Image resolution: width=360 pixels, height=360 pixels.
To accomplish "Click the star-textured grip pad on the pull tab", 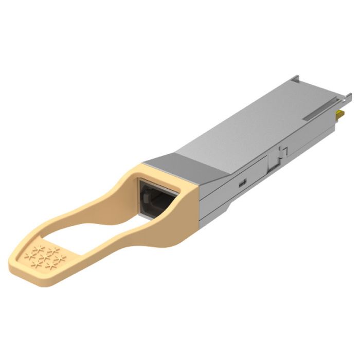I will pyautogui.click(x=44, y=257).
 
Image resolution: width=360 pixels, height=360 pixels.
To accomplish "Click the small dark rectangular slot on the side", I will pyautogui.click(x=241, y=182).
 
